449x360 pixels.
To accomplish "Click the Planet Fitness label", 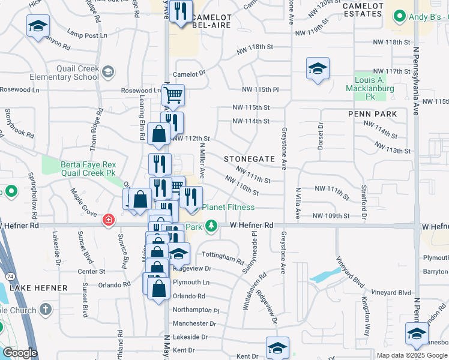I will (228, 207).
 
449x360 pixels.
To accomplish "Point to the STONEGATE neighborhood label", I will (249, 159).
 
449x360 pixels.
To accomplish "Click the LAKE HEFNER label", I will (39, 288).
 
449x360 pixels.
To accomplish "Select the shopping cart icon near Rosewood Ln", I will (173, 94).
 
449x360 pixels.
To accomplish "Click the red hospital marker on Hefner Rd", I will (108, 220).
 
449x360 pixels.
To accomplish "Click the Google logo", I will (20, 353).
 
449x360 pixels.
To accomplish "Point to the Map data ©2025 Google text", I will (412, 355).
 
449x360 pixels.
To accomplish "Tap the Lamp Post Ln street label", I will (87, 35).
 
